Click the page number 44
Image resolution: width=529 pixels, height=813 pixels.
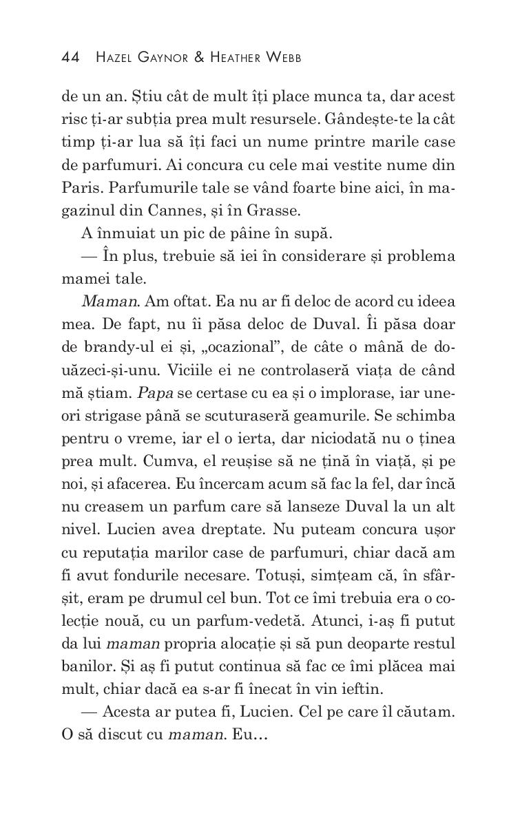coord(71,57)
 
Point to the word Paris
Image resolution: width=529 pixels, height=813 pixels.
coord(78,189)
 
